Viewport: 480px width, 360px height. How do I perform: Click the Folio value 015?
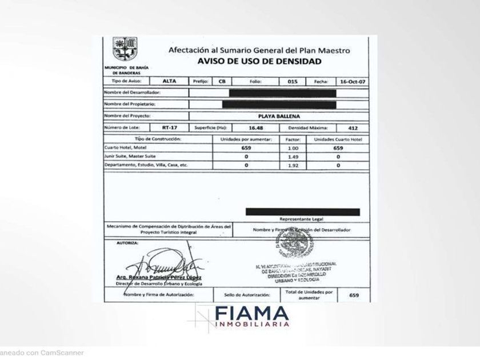click(x=293, y=82)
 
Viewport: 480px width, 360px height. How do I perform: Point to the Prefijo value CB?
click(x=222, y=82)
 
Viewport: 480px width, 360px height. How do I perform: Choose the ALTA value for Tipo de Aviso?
click(x=170, y=82)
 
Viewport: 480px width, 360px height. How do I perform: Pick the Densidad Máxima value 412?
click(x=354, y=128)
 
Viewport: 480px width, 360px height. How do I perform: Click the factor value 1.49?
click(x=294, y=156)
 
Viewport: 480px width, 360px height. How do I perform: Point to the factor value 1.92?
click(x=294, y=165)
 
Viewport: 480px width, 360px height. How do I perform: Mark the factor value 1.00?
click(x=294, y=147)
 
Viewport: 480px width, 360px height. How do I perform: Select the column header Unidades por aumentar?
click(x=246, y=139)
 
